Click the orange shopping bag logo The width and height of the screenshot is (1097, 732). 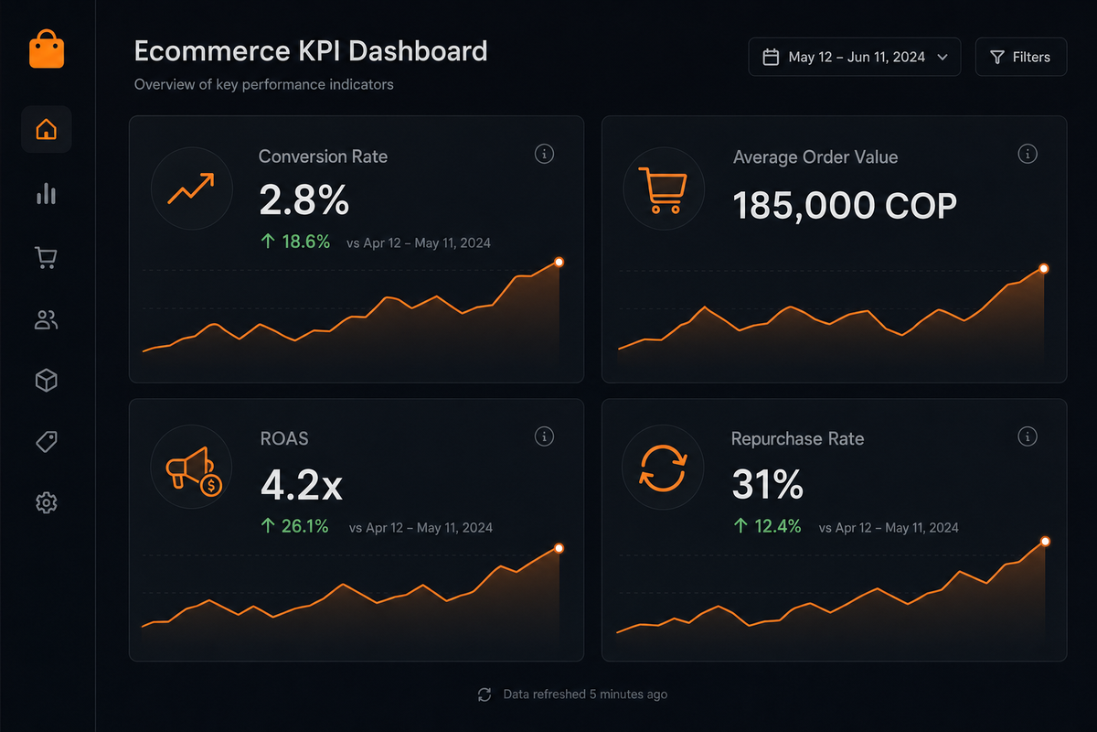coord(47,48)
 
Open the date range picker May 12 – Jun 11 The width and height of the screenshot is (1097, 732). coord(854,57)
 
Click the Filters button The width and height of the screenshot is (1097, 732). coord(1020,57)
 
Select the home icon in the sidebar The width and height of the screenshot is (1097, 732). coord(47,130)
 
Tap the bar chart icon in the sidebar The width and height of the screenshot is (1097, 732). coord(47,194)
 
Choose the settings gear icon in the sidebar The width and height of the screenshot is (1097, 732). coord(47,502)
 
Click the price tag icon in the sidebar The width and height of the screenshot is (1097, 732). coord(47,442)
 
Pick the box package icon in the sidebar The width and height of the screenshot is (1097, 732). coord(47,381)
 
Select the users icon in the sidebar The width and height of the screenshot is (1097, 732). coord(47,320)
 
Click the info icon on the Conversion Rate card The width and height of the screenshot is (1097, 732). coord(544,154)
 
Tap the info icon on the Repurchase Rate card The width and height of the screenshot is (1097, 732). coord(1028,436)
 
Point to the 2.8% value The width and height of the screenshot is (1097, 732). coord(304,200)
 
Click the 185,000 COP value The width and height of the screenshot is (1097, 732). coord(845,206)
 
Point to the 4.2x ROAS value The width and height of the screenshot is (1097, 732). coord(301,486)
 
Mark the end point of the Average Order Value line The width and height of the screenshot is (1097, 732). coord(1044,268)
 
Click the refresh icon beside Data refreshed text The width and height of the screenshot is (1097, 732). coord(485,694)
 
